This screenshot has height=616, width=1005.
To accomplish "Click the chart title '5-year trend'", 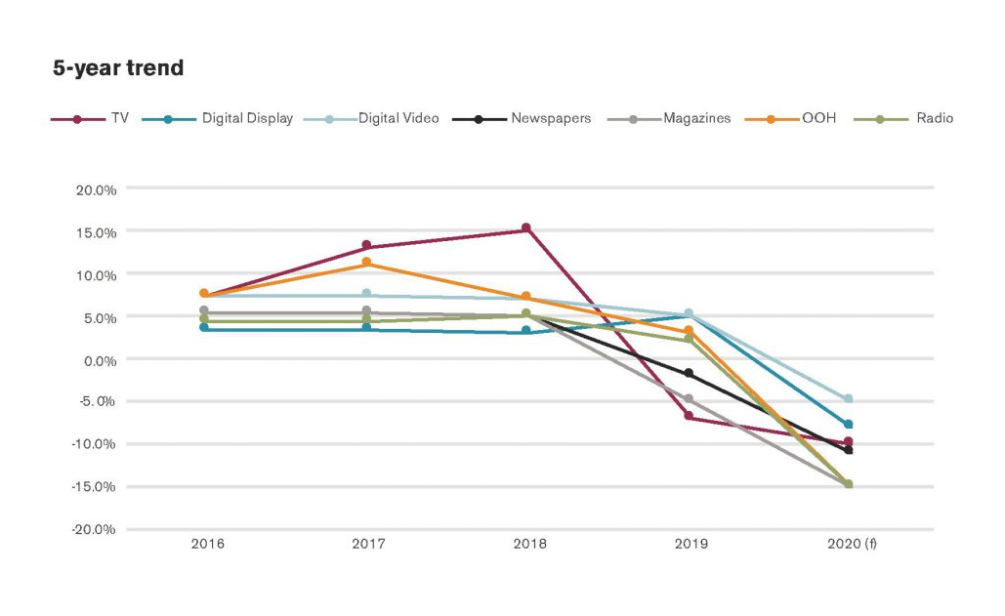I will (x=118, y=68).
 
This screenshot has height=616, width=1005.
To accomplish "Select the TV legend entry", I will (x=93, y=119).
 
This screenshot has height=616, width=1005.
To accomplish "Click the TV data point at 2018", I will (x=526, y=228).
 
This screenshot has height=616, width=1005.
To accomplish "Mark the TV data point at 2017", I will (x=366, y=245).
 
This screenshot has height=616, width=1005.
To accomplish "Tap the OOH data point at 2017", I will (x=366, y=263).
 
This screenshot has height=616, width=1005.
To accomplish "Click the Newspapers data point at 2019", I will (x=689, y=373).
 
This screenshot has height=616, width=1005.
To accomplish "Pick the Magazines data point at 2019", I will (x=689, y=398).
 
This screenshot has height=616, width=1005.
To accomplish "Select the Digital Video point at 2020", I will (x=848, y=398).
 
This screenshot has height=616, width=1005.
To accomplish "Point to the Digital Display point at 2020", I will (x=848, y=425).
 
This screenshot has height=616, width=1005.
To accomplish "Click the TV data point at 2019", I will (x=689, y=417).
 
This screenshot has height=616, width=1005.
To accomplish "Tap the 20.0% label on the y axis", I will (x=97, y=189).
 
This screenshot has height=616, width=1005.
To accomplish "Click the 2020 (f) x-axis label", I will (x=850, y=544).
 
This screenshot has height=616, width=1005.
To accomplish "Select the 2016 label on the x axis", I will (x=207, y=544).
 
